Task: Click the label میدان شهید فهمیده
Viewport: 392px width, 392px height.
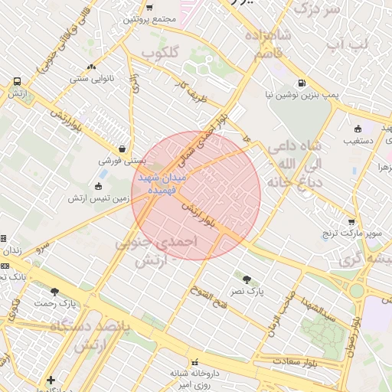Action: pyautogui.click(x=162, y=182)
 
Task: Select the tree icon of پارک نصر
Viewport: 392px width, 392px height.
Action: pyautogui.click(x=247, y=279)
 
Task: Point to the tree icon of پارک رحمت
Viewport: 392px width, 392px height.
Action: pyautogui.click(x=54, y=291)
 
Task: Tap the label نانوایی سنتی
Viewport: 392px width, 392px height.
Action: pyautogui.click(x=92, y=78)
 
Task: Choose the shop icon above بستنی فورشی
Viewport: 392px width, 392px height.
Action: pyautogui.click(x=122, y=149)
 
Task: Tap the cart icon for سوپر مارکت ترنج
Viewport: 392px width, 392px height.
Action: pyautogui.click(x=351, y=221)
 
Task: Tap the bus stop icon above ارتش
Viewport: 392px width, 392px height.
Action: pyautogui.click(x=16, y=81)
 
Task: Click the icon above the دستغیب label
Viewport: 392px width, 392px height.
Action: pyautogui.click(x=358, y=128)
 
